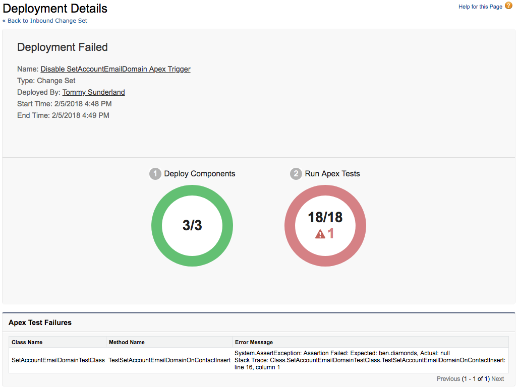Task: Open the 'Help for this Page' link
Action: pos(480,7)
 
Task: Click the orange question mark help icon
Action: pos(508,6)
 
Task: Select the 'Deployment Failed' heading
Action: pos(63,47)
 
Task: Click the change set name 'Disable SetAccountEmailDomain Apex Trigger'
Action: pos(116,69)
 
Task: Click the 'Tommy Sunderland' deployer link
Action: pos(93,92)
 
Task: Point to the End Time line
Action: pos(63,115)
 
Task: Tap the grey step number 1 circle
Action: pos(155,174)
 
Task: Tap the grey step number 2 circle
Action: pos(296,174)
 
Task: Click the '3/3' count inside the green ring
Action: pos(192,225)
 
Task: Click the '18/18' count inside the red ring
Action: pos(325,217)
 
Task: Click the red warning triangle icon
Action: pos(320,234)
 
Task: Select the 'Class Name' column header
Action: pos(27,342)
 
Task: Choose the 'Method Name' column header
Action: pos(127,342)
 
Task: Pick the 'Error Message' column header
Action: pos(254,342)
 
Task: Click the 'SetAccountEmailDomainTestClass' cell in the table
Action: pos(58,360)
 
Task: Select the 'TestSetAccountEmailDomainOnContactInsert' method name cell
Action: pos(169,360)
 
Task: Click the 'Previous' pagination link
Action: pos(448,379)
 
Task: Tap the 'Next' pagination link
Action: pos(497,379)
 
